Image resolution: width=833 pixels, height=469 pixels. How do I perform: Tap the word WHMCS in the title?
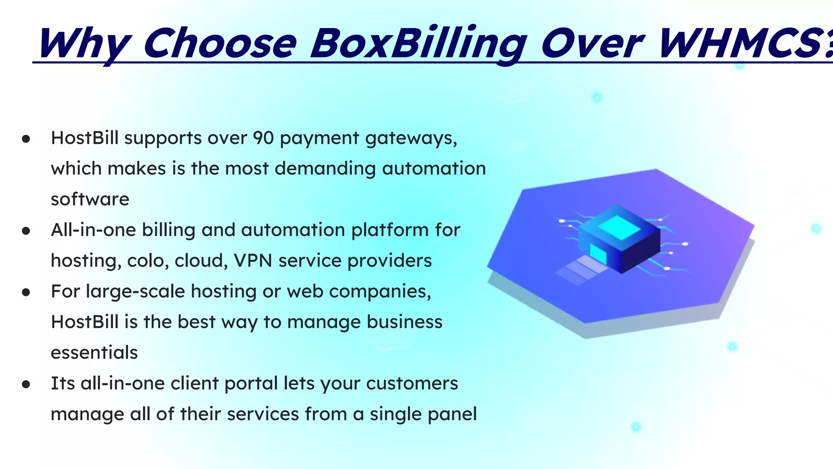pos(740,43)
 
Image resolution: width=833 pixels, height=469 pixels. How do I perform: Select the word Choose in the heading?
pos(220,43)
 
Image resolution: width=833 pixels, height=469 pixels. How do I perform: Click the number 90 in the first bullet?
pos(263,138)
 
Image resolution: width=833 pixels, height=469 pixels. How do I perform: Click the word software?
pos(90,199)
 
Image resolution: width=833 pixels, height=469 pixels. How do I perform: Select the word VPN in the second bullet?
pos(253,261)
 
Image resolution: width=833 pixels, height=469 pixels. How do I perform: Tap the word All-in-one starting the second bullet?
pos(94,230)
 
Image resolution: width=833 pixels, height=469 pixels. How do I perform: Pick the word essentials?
pos(94,353)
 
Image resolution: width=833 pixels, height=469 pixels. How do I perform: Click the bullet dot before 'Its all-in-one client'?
pos(26,384)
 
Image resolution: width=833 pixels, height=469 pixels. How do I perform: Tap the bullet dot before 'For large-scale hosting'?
pos(26,292)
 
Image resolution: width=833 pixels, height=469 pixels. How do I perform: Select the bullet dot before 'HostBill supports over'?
pos(26,139)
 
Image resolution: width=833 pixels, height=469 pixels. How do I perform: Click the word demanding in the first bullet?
pos(325,169)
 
